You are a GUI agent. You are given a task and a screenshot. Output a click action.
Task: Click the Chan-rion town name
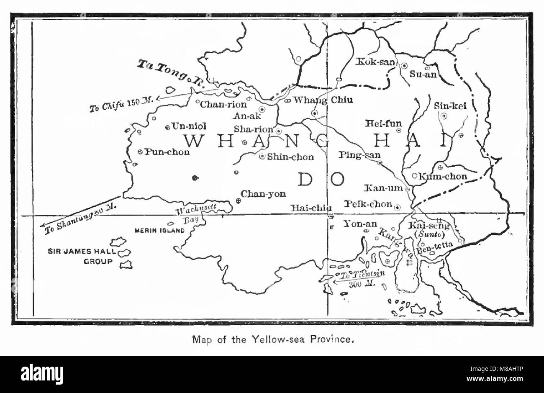(223, 105)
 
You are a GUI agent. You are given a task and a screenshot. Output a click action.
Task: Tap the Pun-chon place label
(167, 152)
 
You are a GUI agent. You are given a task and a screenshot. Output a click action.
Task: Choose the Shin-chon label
(290, 157)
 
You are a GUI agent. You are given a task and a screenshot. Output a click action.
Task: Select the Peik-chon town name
(368, 204)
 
